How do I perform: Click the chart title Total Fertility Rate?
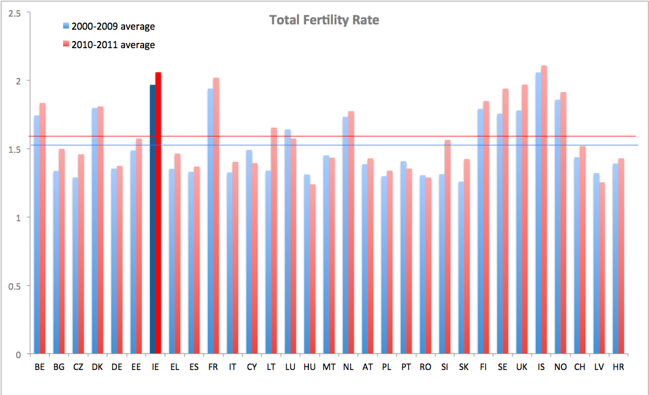(x=324, y=20)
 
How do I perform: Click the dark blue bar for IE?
(x=152, y=220)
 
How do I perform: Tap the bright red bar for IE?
(x=158, y=214)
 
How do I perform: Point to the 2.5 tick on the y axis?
(x=14, y=12)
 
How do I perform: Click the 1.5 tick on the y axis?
(x=14, y=149)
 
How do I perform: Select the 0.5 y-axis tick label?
(x=14, y=286)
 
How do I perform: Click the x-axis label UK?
(x=522, y=367)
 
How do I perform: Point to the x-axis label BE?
(x=39, y=367)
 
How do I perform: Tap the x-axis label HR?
(x=618, y=367)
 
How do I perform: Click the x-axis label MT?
(x=329, y=367)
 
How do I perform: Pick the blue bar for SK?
(x=461, y=268)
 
